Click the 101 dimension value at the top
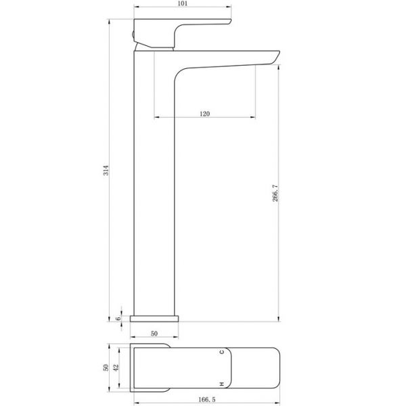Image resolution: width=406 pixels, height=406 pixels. tap(183, 3)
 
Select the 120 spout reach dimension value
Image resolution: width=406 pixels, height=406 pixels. tap(204, 114)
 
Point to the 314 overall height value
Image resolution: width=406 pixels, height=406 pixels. tap(106, 171)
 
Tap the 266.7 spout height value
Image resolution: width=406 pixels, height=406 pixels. tap(275, 193)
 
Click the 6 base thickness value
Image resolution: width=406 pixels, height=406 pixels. tap(118, 319)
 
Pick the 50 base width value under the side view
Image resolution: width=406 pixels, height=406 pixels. tap(154, 334)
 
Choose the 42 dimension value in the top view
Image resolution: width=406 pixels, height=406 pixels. tap(116, 367)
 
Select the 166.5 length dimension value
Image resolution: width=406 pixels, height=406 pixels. tap(207, 399)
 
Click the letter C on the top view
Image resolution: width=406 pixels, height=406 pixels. tap(222, 352)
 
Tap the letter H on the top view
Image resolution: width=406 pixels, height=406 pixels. tap(222, 384)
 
